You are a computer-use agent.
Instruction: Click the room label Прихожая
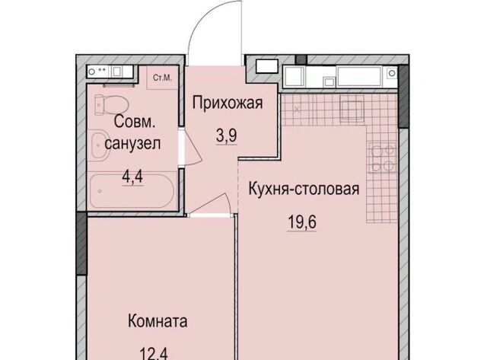pos(228,103)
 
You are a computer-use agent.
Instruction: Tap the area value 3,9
pos(227,135)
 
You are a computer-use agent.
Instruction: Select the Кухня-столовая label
pos(304,189)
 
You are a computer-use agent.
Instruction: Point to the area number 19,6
pos(302,221)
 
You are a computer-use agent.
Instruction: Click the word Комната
pos(158,321)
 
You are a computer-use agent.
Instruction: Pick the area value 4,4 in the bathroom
pos(132,177)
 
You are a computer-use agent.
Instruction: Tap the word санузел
pos(132,144)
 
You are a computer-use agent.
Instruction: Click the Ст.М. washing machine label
pos(162,78)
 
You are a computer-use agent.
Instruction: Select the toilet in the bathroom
pos(111,105)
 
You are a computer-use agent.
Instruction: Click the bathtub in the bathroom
pos(132,191)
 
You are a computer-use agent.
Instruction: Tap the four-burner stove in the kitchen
pos(382,158)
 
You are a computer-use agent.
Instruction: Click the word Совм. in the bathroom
pos(134,122)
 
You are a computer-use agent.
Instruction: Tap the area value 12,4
pos(154,354)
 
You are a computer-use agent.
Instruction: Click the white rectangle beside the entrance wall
pos(266,66)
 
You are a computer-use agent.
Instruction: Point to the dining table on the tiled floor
pos(352,108)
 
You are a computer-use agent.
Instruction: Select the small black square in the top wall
pos(301,59)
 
